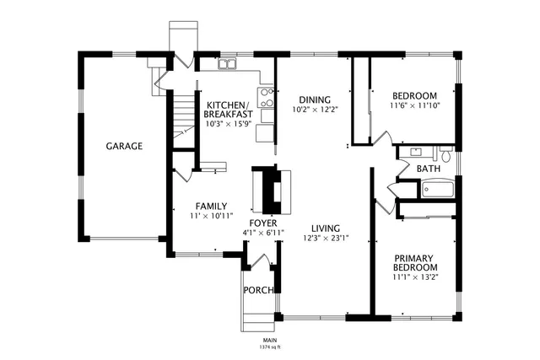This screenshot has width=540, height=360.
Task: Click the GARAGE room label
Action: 124,146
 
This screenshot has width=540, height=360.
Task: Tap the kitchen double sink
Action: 229,64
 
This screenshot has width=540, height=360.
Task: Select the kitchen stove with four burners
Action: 267,95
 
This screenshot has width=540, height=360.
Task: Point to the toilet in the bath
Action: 446,155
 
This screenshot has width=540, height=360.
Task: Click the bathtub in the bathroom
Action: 434,189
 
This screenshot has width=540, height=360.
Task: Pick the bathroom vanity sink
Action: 416,153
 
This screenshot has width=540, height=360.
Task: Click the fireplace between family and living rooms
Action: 272,191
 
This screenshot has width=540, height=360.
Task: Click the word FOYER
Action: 262,223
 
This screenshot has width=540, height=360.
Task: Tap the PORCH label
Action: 258,290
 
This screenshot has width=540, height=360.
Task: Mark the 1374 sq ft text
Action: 270,347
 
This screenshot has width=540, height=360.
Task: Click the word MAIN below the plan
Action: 270,340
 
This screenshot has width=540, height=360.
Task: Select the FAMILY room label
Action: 211,206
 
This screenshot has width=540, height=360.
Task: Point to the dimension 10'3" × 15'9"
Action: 229,124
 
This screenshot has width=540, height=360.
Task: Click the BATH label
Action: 429,169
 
